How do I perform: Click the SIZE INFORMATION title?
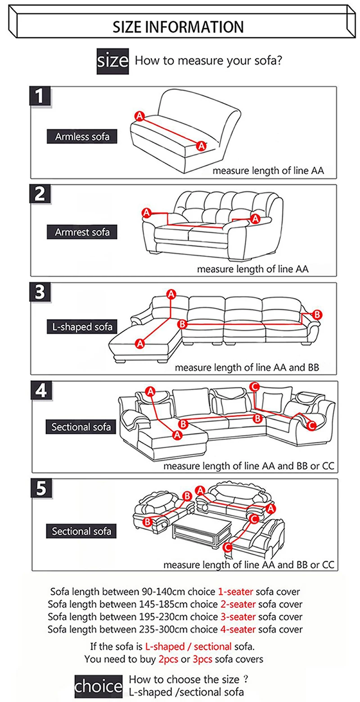178,27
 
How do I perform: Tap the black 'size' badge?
113,61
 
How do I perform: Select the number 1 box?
40,96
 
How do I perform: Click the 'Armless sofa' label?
82,136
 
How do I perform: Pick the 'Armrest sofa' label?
82,232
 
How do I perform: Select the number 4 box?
41,391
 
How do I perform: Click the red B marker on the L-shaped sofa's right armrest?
317,314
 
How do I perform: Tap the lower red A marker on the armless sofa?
202,145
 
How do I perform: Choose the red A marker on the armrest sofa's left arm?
146,212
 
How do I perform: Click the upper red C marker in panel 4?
254,386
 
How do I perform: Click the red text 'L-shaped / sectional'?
189,647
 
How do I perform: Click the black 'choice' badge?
99,687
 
